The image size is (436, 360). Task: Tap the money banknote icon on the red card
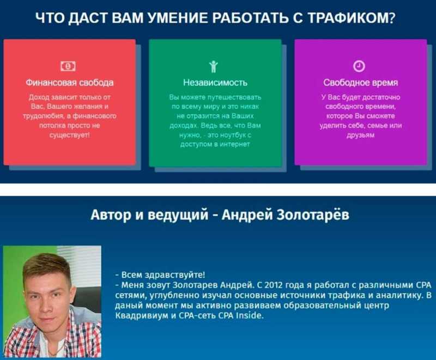tap(68, 66)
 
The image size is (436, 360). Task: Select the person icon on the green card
tap(213, 66)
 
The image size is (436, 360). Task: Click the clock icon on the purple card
tap(359, 66)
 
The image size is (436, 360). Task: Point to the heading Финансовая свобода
tap(70, 82)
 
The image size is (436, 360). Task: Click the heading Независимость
tap(215, 82)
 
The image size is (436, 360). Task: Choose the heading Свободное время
tap(360, 82)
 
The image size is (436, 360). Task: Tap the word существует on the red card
tap(69, 135)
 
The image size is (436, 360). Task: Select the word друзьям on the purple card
tap(360, 135)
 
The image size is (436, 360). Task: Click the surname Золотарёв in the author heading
tap(313, 215)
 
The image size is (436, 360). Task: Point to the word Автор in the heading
tap(111, 215)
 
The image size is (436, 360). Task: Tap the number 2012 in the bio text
tap(274, 285)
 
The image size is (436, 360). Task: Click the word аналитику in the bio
tap(399, 295)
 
